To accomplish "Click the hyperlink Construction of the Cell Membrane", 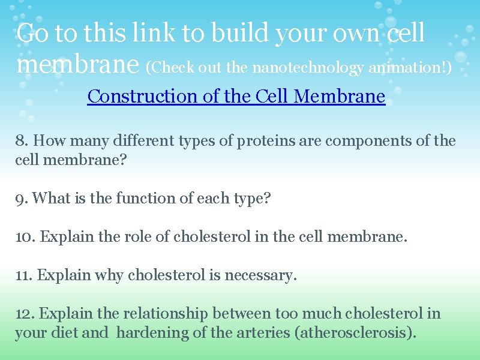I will tap(236, 96).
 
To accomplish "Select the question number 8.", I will tap(22, 142).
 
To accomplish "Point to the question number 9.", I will tap(22, 198).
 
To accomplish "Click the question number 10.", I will tap(25, 236).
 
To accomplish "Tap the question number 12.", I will tap(25, 314).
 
